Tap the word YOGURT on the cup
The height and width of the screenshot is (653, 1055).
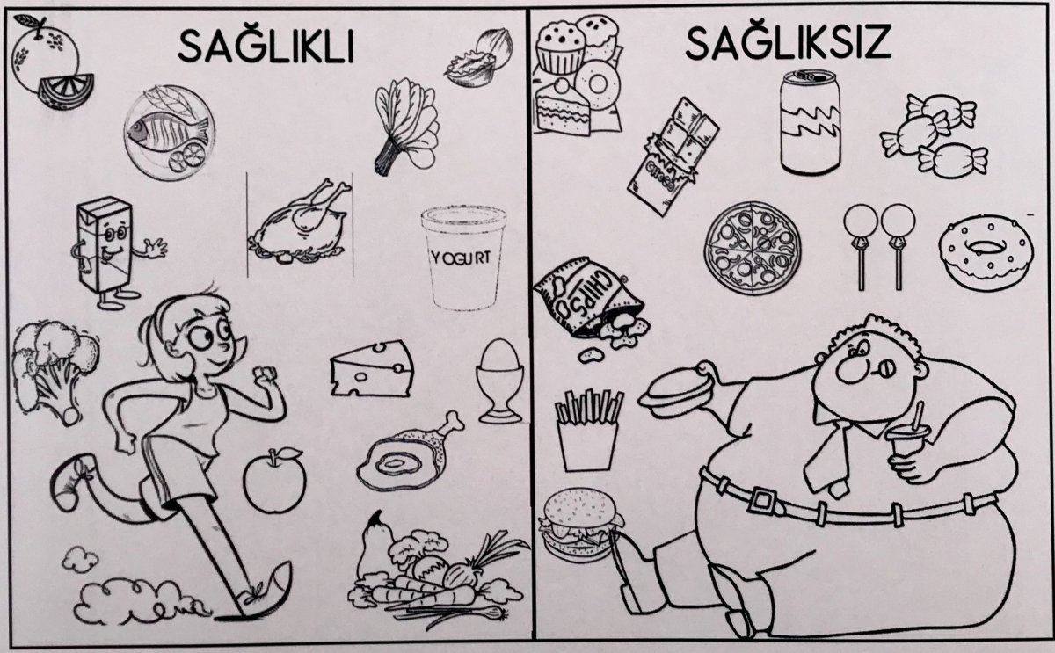[x=461, y=258]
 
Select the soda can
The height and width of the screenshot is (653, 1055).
[x=810, y=122]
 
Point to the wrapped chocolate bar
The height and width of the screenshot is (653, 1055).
[x=673, y=156]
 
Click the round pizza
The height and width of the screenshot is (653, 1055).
[x=753, y=249]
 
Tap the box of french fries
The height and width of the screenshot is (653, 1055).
[x=588, y=431]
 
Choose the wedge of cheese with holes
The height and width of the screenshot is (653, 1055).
[x=372, y=368]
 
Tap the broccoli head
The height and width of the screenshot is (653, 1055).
[x=54, y=371]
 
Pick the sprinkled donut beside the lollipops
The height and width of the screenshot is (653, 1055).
[x=986, y=253]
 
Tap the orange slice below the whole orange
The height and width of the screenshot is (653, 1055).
[x=65, y=91]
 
